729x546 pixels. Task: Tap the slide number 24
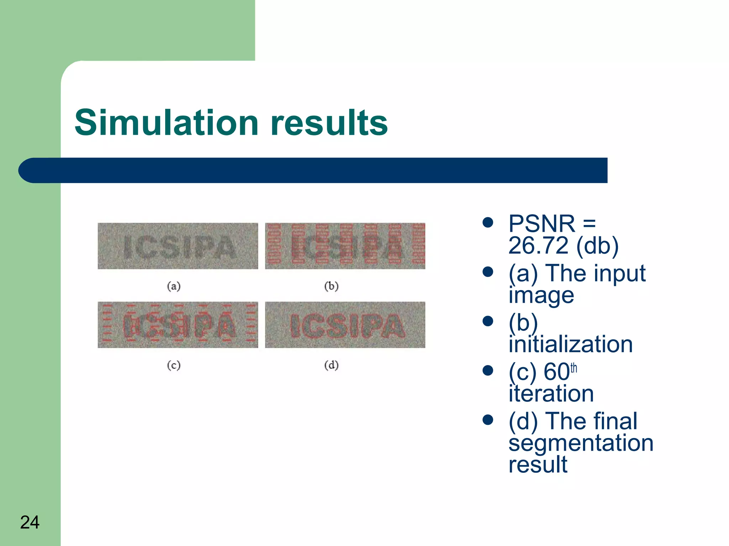(x=30, y=522)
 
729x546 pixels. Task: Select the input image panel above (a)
(x=178, y=246)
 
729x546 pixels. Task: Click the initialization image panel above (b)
(x=345, y=246)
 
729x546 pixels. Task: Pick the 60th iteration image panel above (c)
(x=178, y=325)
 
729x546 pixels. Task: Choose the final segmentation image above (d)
(x=345, y=325)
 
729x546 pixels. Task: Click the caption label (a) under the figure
(x=174, y=286)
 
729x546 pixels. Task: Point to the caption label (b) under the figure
(x=331, y=286)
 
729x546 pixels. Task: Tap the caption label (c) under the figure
(x=174, y=365)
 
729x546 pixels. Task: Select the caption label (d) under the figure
(x=331, y=365)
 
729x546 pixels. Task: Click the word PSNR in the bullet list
(x=541, y=224)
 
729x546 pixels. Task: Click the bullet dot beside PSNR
(x=488, y=223)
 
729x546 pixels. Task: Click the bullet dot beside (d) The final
(x=488, y=420)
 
